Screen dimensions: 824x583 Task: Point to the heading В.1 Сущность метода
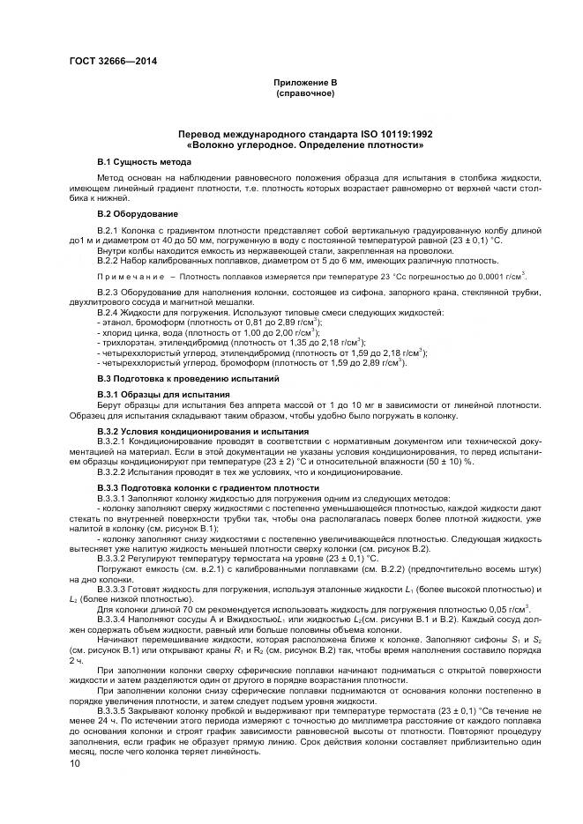144,164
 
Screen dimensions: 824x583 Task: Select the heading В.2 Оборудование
138,214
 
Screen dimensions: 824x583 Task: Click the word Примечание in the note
129,276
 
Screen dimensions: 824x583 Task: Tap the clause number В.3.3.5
115,709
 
